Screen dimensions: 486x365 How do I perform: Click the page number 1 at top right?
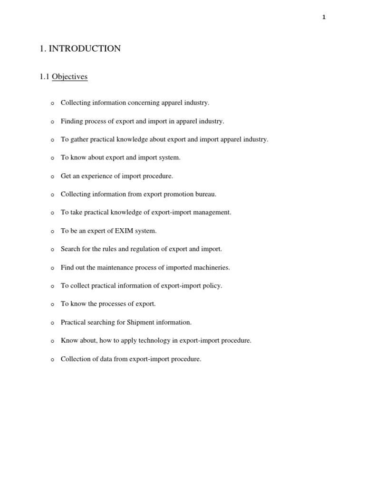(324, 18)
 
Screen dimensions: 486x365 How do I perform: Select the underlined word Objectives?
(69, 77)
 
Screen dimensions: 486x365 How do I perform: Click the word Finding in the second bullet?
(72, 121)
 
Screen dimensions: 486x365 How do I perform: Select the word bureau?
(206, 194)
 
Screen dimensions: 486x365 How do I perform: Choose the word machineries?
(211, 268)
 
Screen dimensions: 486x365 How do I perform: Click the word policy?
(212, 286)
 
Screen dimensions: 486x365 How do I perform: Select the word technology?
(140, 341)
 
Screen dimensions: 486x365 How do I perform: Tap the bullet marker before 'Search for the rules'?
(52, 250)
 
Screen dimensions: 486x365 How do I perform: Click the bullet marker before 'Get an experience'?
(52, 177)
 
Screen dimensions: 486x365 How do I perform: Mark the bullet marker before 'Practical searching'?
(52, 323)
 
